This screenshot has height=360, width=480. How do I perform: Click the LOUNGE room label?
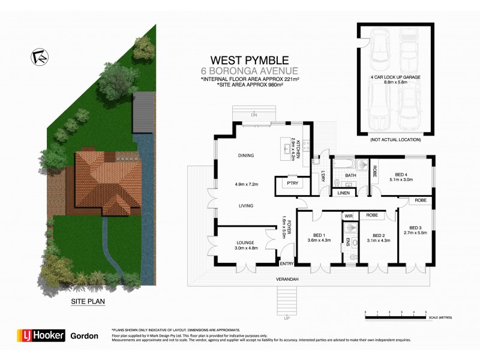click(x=245, y=243)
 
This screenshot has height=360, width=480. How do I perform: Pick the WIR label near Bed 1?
click(x=348, y=215)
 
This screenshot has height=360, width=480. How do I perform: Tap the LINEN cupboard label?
click(x=344, y=193)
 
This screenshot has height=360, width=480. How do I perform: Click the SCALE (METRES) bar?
click(x=395, y=313)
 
